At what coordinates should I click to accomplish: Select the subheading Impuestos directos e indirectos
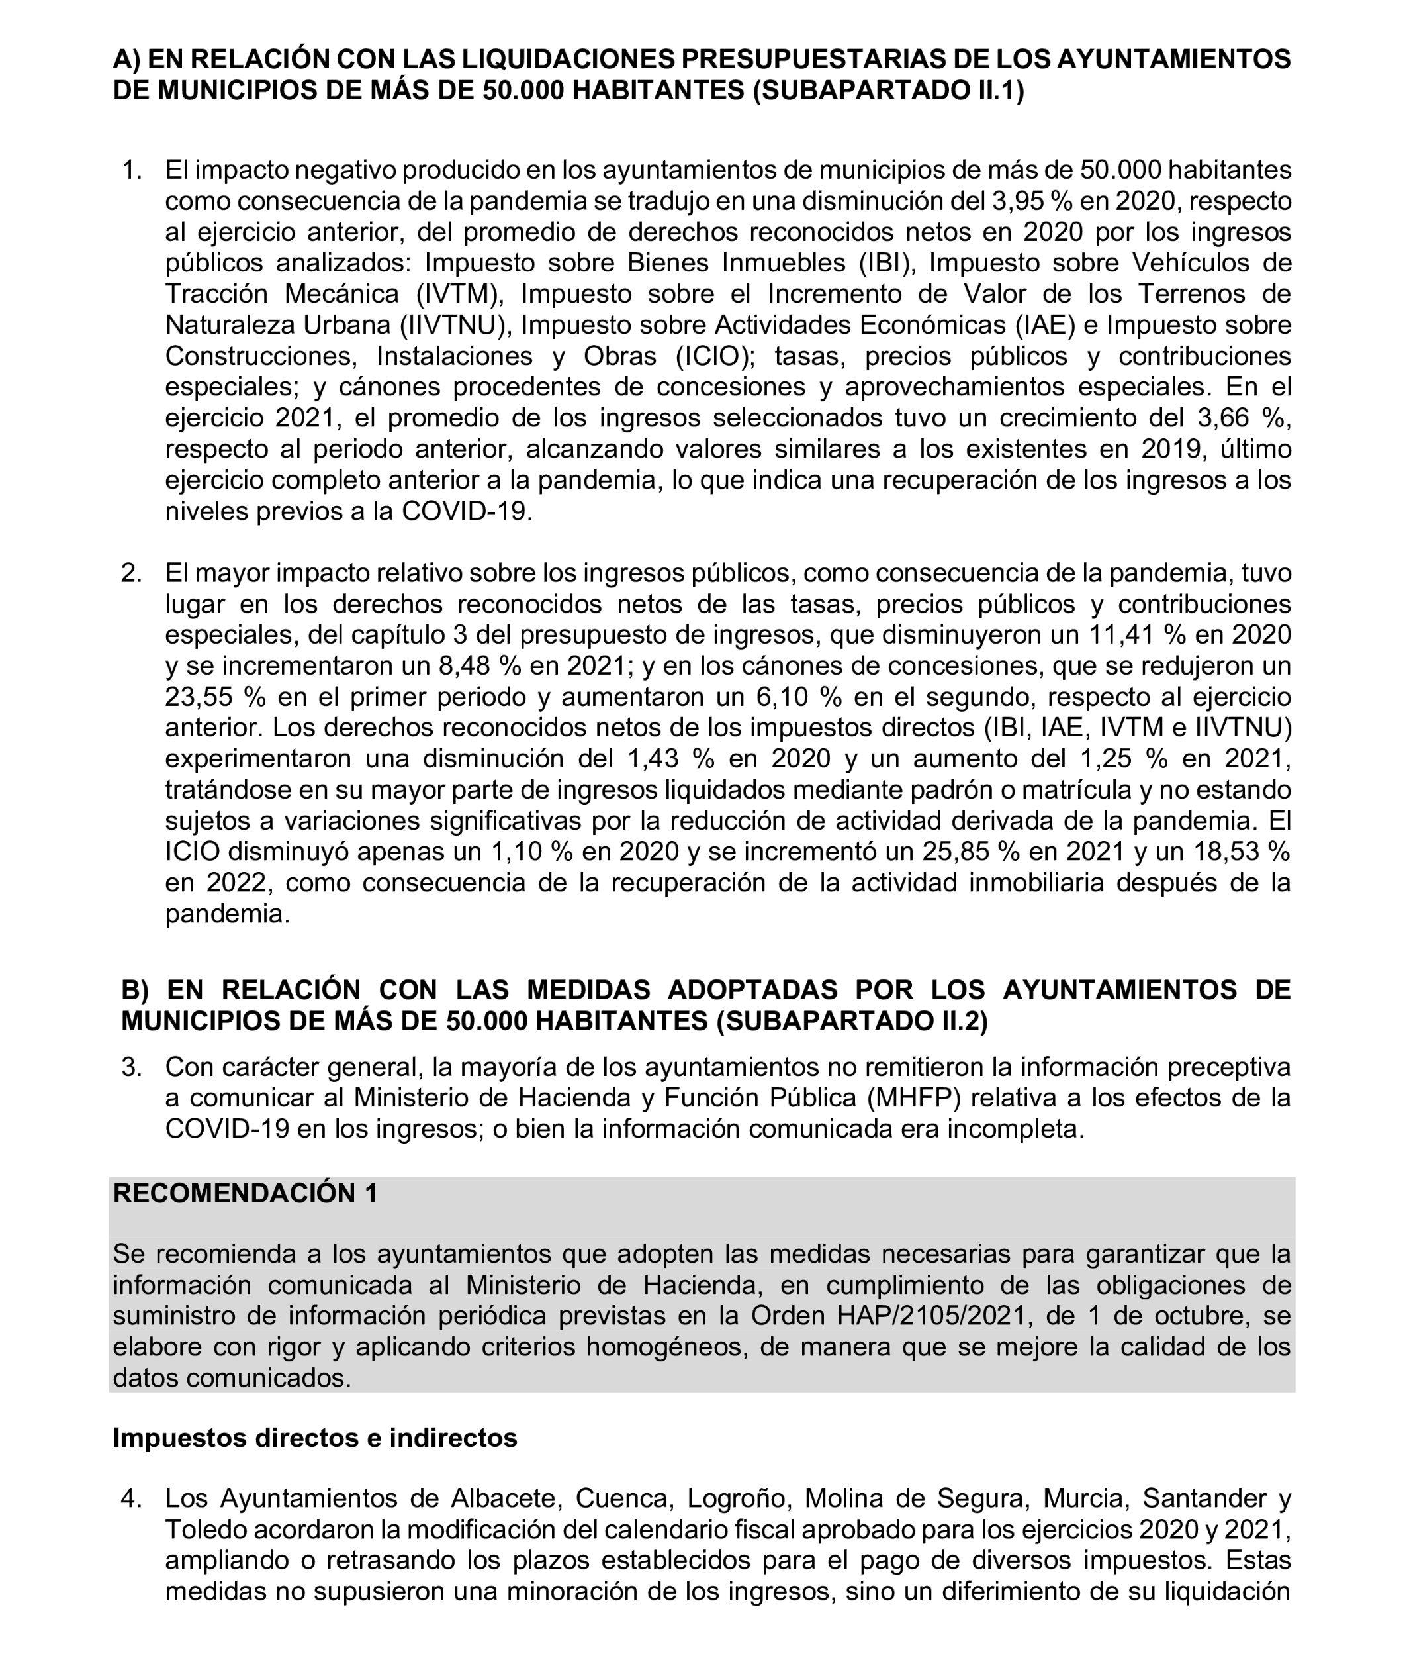click(314, 1438)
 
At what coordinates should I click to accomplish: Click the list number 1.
click(132, 170)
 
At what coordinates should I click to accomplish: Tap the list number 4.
click(132, 1498)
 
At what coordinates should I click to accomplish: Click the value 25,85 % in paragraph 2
click(971, 852)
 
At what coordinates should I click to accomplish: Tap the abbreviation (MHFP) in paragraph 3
click(914, 1099)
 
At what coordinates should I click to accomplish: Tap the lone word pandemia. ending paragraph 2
click(227, 914)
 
